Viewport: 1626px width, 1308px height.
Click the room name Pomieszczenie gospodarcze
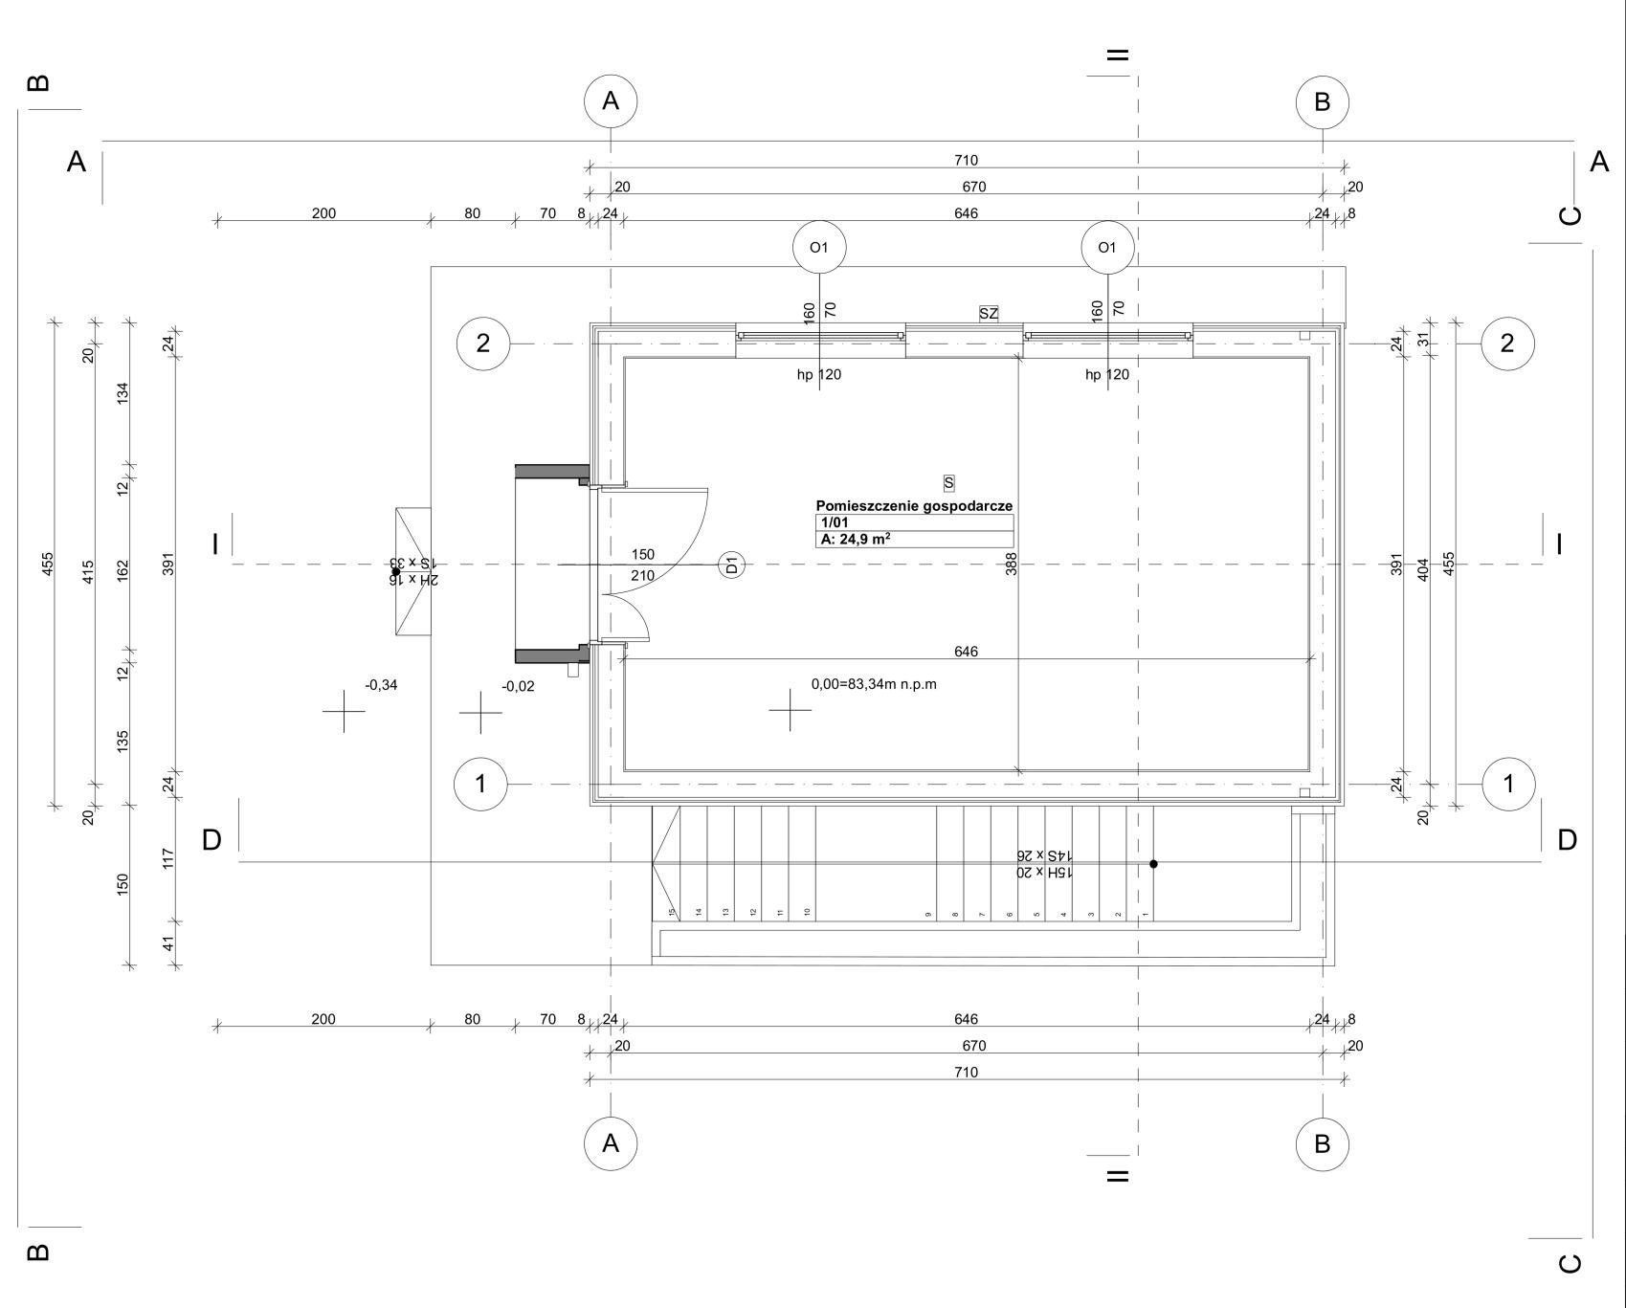tap(914, 506)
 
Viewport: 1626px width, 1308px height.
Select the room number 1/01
tap(835, 522)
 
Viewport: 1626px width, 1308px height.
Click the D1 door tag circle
tap(732, 565)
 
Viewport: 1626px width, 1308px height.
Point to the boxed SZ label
tap(989, 313)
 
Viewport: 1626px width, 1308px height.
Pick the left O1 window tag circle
tap(819, 247)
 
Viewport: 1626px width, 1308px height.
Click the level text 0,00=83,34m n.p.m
tap(874, 684)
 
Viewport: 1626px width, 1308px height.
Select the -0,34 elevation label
tap(381, 685)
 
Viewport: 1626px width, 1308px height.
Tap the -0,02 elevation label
tap(519, 686)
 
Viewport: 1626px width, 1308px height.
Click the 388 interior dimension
tap(1012, 564)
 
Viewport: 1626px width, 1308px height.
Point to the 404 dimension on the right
tap(1422, 570)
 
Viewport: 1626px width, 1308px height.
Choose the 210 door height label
tap(643, 576)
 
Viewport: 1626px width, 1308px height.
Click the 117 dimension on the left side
tap(168, 858)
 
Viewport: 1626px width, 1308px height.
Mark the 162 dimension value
tap(123, 570)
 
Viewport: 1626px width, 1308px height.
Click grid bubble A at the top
tap(611, 100)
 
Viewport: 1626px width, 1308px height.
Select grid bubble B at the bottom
tap(1323, 1143)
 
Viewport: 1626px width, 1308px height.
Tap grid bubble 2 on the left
tap(483, 343)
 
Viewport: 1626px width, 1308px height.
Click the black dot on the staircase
tap(1153, 864)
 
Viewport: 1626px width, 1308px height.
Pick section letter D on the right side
tap(1567, 840)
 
